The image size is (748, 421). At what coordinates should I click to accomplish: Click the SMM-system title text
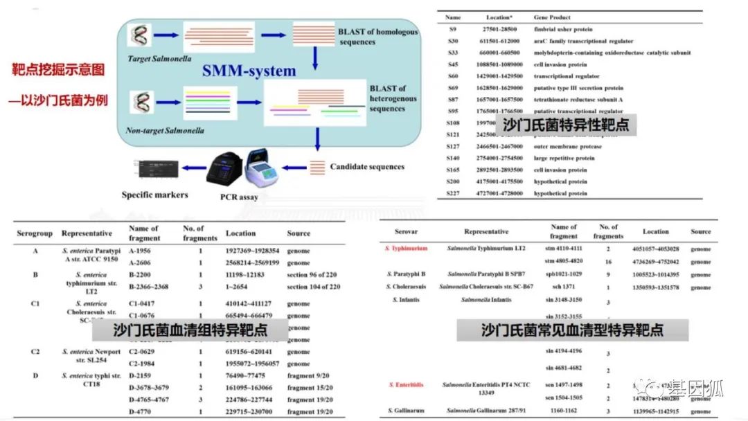coord(249,71)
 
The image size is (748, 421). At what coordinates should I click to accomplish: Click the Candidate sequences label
coord(367,166)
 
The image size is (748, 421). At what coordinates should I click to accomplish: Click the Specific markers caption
coord(154,195)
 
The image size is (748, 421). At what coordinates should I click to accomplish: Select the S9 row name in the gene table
coord(453,29)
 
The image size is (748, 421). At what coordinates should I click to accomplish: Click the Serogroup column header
coord(35,233)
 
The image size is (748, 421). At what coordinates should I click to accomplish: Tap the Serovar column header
coord(407,231)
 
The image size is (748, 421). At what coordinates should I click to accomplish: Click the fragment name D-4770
coord(143,411)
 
